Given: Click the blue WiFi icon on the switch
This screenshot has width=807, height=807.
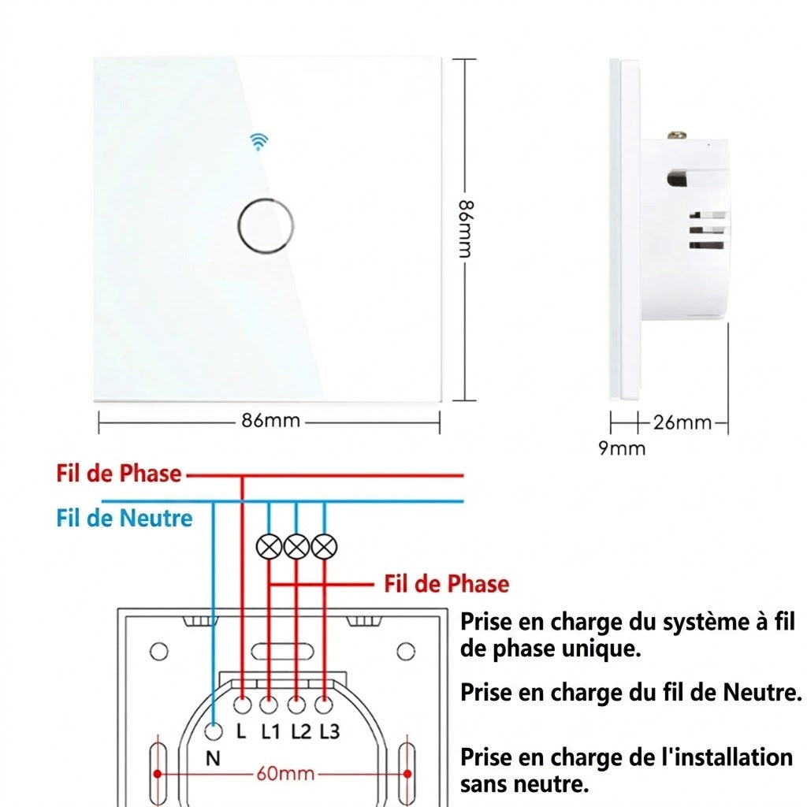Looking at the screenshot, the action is click(x=258, y=141).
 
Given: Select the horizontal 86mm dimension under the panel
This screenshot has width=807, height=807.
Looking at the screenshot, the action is click(x=271, y=421).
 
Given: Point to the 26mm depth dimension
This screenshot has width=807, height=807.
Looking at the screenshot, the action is click(x=682, y=422).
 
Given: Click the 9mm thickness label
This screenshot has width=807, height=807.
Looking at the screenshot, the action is click(x=622, y=448).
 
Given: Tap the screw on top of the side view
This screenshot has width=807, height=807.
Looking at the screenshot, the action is click(x=677, y=136).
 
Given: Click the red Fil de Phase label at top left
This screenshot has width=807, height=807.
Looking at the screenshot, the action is click(x=119, y=474).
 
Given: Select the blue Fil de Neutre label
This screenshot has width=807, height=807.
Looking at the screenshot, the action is click(x=124, y=518).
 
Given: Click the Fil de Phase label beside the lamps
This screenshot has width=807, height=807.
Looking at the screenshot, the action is click(x=447, y=584).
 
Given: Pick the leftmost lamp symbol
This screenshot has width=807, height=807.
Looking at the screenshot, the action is click(x=270, y=547).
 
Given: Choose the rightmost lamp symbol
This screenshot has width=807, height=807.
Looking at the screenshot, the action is click(x=324, y=547).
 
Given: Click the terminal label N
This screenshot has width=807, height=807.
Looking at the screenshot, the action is click(x=213, y=758).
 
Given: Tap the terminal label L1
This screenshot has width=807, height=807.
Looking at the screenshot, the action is click(x=270, y=731).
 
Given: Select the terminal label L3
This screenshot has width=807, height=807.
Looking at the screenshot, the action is click(x=329, y=731).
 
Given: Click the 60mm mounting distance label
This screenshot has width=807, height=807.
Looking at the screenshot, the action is click(x=285, y=774).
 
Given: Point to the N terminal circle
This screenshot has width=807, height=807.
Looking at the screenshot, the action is click(x=213, y=731).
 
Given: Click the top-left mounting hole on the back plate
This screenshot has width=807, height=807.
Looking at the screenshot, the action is click(x=158, y=652).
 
